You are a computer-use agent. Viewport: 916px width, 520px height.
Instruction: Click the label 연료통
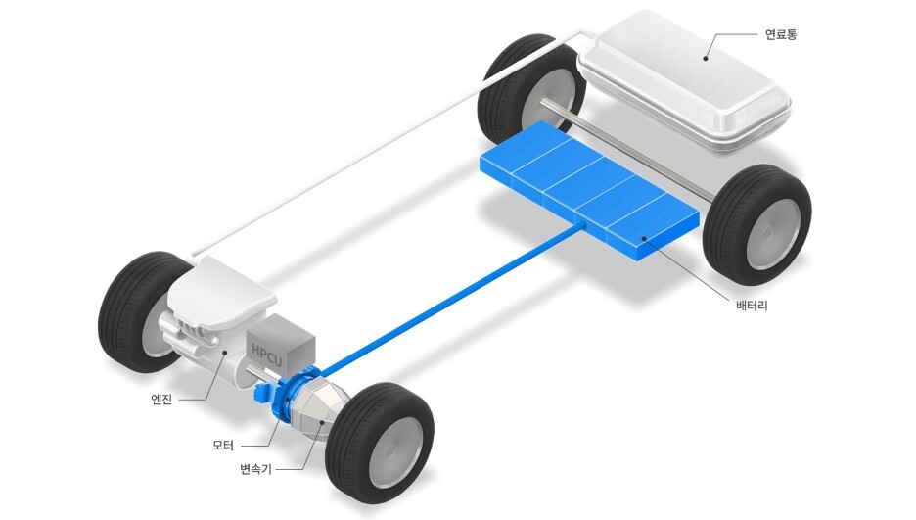(x=781, y=34)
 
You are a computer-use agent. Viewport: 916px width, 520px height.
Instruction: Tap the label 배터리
(x=752, y=306)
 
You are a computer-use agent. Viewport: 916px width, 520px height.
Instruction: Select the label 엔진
(x=161, y=400)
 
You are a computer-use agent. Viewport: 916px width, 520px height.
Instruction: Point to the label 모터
(x=223, y=446)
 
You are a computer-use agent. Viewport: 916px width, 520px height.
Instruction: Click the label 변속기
(x=255, y=468)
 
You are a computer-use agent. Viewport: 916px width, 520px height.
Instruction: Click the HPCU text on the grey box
(x=267, y=356)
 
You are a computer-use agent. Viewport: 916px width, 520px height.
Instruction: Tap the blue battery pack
(x=589, y=189)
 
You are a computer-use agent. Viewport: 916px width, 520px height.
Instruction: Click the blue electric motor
(x=288, y=395)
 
